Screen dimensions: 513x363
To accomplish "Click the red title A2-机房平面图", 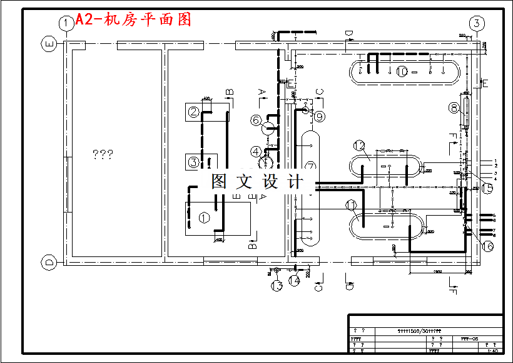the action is click(x=133, y=19).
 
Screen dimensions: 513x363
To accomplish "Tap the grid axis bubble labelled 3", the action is click(x=477, y=24).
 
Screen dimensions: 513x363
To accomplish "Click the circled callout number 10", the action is click(x=402, y=71).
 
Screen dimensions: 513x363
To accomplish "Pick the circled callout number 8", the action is click(x=454, y=108).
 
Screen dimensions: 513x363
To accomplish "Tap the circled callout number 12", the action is click(x=358, y=145).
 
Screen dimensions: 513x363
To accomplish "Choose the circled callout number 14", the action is click(x=294, y=281).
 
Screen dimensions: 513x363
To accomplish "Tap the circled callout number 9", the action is click(x=320, y=116).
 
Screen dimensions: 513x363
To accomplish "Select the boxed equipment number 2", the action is click(x=194, y=113).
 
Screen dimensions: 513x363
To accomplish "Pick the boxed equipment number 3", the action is click(x=194, y=162).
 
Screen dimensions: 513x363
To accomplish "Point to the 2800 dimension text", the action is click(x=437, y=271).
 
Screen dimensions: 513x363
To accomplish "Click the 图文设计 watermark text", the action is click(x=256, y=182).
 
